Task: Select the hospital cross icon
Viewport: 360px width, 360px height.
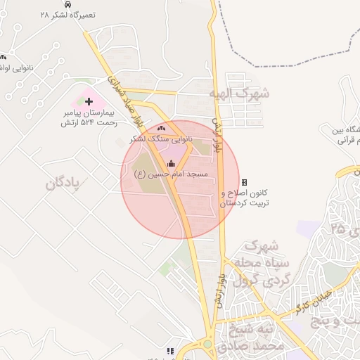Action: [89, 102]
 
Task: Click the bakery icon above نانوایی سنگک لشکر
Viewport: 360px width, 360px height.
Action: [162, 128]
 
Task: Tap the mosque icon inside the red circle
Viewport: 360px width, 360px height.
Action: [172, 164]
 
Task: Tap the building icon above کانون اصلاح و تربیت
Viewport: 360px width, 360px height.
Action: [244, 182]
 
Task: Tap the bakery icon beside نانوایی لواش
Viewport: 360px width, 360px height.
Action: [4, 57]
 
